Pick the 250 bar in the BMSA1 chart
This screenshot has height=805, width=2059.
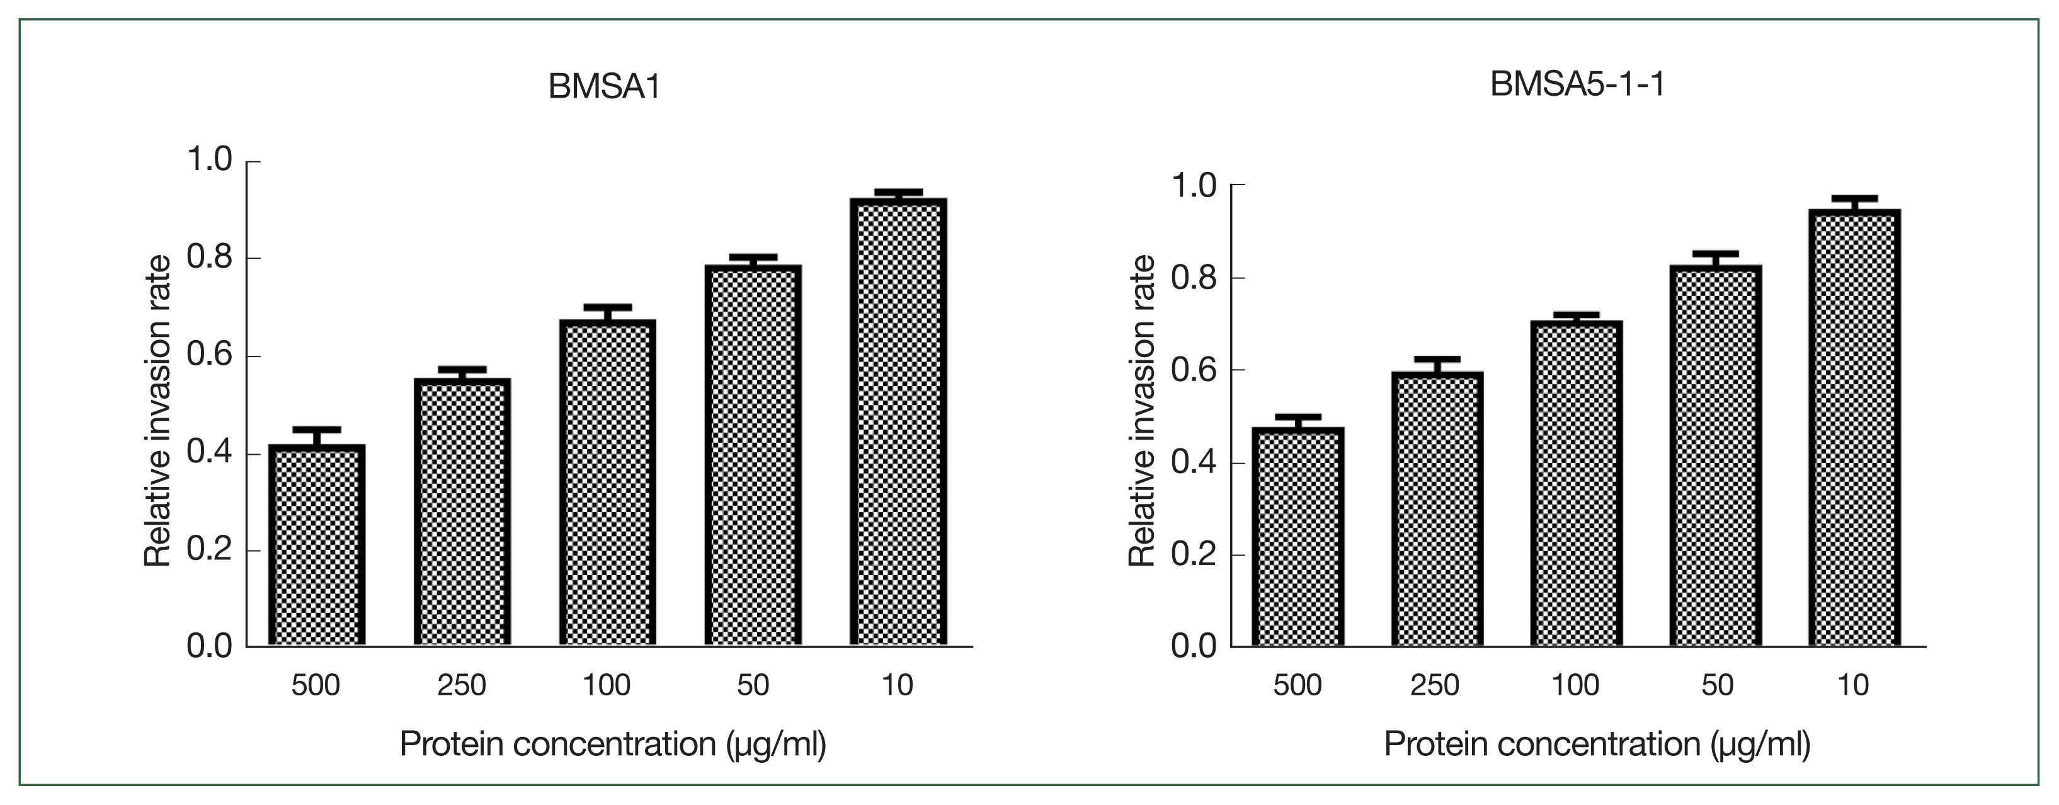tap(462, 511)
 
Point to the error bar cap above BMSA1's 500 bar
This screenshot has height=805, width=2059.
tap(317, 430)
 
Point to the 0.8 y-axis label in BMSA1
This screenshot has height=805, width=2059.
tap(208, 258)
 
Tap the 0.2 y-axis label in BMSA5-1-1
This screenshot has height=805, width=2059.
tap(1194, 554)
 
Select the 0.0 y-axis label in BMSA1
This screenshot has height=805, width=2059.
tap(208, 646)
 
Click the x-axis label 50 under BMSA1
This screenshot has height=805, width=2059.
tap(752, 685)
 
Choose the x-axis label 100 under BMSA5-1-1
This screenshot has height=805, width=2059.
tap(1575, 685)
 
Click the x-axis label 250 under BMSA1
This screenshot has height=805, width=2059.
tap(461, 685)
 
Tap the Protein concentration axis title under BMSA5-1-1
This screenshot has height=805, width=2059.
tap(1597, 745)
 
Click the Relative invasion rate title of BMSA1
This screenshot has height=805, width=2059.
tap(157, 411)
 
